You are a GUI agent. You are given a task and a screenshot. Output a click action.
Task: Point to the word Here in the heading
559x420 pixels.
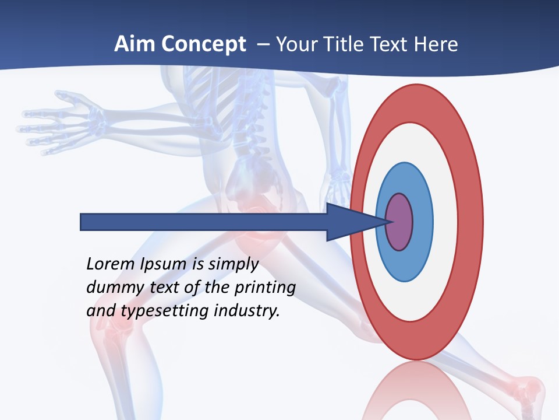pyautogui.click(x=436, y=44)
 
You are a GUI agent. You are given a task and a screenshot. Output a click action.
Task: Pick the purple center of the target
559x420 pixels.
pyautogui.click(x=399, y=222)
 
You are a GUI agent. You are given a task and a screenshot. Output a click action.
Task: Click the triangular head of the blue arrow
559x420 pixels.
pyautogui.click(x=349, y=222)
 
